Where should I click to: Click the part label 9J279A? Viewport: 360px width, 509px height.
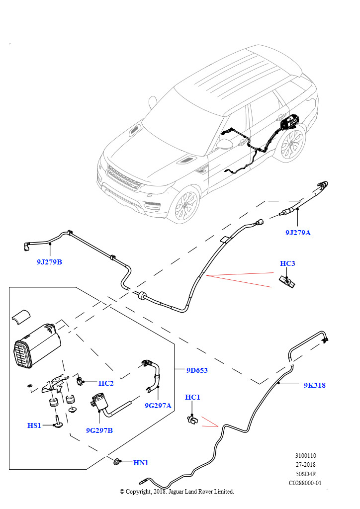pos(298,232)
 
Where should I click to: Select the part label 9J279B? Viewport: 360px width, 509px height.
pos(49,261)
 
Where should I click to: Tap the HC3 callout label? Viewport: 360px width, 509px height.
pos(287,263)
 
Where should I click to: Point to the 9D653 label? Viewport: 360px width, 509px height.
pos(197,370)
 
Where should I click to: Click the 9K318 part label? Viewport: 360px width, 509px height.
pos(314,385)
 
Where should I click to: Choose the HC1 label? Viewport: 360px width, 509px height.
pos(192,397)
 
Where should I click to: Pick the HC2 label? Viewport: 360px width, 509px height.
pos(106,383)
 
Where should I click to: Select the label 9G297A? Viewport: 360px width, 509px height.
pos(158,406)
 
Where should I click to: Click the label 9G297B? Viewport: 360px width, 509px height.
pos(99,430)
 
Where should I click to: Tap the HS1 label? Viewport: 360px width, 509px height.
pos(34,425)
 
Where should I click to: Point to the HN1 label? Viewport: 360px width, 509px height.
pos(141,463)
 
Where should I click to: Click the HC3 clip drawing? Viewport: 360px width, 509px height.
pos(287,281)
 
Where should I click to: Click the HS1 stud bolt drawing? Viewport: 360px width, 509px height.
pos(58,421)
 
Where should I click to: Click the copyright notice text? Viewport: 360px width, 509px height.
pos(177,492)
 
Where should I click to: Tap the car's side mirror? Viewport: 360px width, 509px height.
pos(225,144)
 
